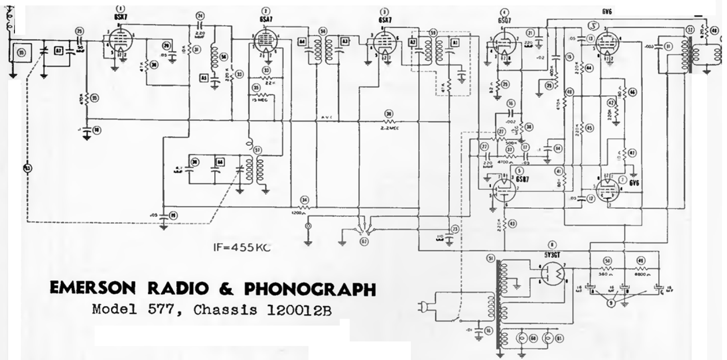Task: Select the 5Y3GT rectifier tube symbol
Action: click(554, 274)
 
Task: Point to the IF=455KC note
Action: click(242, 248)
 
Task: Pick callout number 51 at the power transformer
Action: click(490, 258)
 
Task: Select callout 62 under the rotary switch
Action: click(364, 241)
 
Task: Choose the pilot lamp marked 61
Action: click(559, 338)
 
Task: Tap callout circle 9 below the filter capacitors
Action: click(611, 303)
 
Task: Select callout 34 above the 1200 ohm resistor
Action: click(304, 200)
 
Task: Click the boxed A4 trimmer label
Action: click(302, 42)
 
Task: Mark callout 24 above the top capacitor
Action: click(200, 16)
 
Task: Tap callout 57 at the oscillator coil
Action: click(257, 149)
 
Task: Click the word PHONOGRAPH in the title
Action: click(310, 288)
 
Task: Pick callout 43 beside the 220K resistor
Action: click(512, 224)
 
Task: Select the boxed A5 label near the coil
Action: click(203, 78)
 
